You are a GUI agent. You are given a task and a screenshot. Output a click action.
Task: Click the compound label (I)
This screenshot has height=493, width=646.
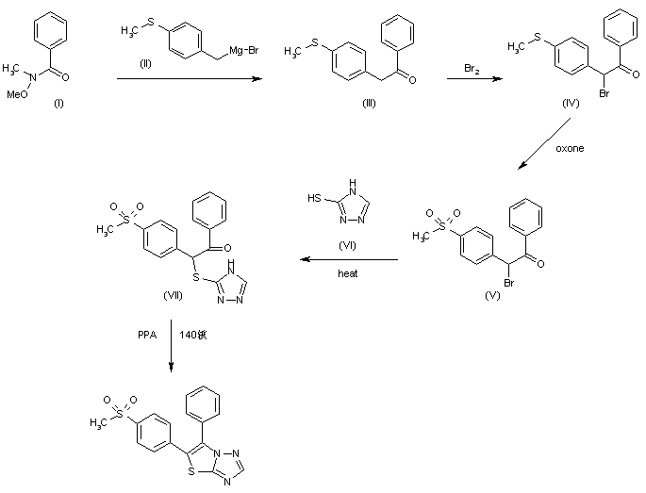click(58, 104)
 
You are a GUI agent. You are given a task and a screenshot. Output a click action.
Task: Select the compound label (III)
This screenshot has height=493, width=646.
click(367, 103)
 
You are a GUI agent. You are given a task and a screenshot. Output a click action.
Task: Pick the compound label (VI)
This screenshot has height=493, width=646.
click(345, 244)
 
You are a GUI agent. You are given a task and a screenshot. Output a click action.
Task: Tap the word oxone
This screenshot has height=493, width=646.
click(569, 148)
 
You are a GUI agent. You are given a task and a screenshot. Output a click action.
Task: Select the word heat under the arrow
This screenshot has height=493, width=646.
click(348, 273)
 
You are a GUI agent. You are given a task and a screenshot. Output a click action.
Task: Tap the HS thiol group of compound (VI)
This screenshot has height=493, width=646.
click(316, 197)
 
